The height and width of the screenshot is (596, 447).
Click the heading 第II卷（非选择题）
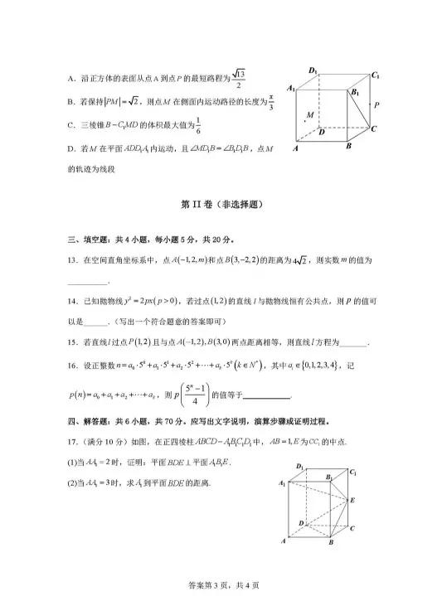click(223, 203)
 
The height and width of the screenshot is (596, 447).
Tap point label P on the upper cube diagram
click(377, 105)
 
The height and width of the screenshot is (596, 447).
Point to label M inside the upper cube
click(309, 114)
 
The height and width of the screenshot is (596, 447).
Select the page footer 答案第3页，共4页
click(223, 585)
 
